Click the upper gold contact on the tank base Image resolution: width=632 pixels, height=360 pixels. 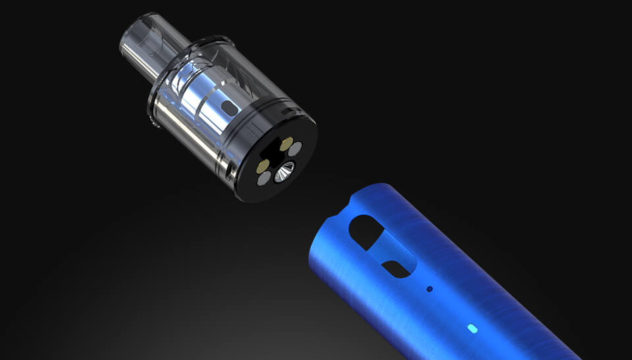pos(285,143)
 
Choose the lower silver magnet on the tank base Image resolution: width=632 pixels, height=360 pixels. pos(265,178)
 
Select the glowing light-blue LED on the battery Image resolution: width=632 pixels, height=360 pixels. pos(471,327)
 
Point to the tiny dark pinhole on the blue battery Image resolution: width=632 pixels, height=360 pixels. pos(430,288)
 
